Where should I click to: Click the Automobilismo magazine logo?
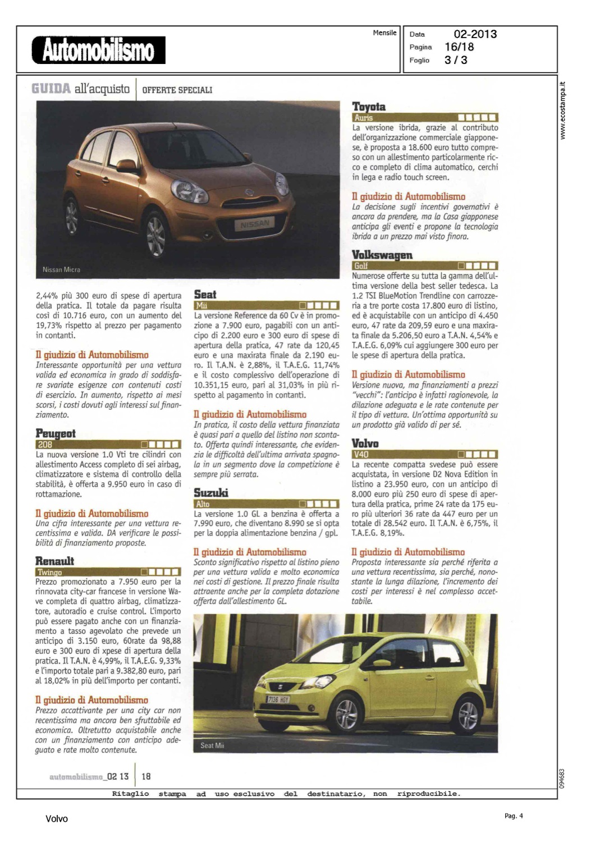coord(99,50)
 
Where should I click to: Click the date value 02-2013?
coord(475,34)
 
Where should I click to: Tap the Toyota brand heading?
coord(369,107)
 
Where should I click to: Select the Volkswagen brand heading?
coord(382,255)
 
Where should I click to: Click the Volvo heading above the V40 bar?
coord(365,443)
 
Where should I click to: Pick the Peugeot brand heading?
coord(56,433)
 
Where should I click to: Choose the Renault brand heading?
coord(54,561)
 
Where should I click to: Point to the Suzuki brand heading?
coord(211,492)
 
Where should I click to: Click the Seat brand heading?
coord(205,294)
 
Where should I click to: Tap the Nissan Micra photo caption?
coord(61,269)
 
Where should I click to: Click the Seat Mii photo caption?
coord(212,745)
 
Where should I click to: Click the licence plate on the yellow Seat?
coord(278,699)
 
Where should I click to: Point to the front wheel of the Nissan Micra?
coord(155,235)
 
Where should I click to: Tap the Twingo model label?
coord(50,572)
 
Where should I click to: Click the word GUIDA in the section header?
coord(51,89)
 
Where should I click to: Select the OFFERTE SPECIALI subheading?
coord(177,90)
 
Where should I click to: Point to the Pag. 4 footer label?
coord(513,816)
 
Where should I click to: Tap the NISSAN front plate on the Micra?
coord(255,225)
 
